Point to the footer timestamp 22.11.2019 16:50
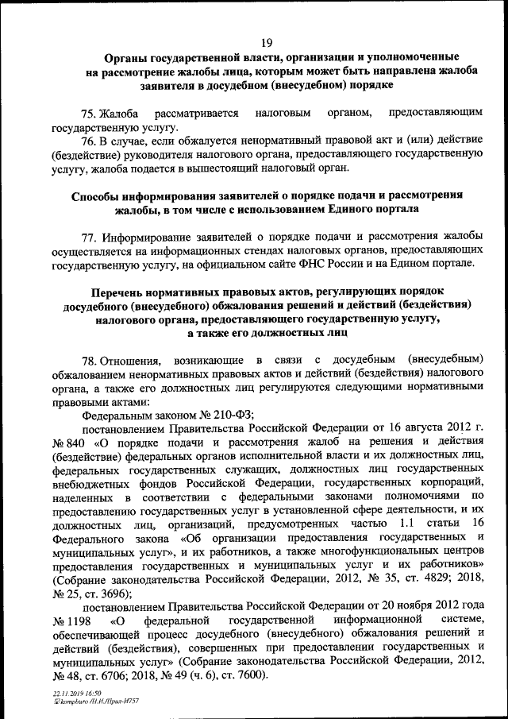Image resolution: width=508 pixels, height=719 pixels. click(71, 694)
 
